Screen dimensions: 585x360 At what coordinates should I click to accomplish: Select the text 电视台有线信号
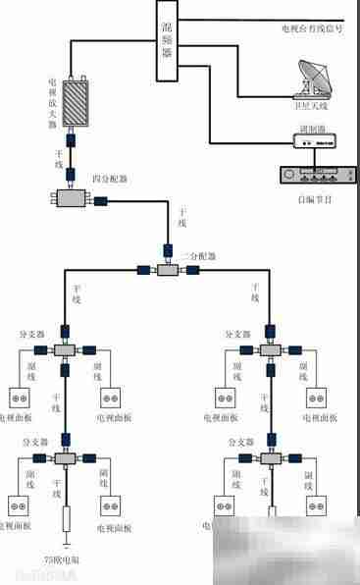pos(311,30)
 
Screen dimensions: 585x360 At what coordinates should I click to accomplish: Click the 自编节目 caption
pos(314,199)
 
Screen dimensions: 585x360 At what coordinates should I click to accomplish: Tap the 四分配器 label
pos(109,180)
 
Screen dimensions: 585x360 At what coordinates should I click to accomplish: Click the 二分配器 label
pos(198,254)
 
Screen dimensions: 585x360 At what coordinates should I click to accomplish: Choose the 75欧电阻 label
pos(66,559)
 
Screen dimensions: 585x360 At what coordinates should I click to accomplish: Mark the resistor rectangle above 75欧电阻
pos(66,519)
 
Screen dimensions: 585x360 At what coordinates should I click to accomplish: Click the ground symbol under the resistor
pos(66,543)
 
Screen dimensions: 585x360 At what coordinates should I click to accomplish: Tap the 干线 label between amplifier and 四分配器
pos(59,160)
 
